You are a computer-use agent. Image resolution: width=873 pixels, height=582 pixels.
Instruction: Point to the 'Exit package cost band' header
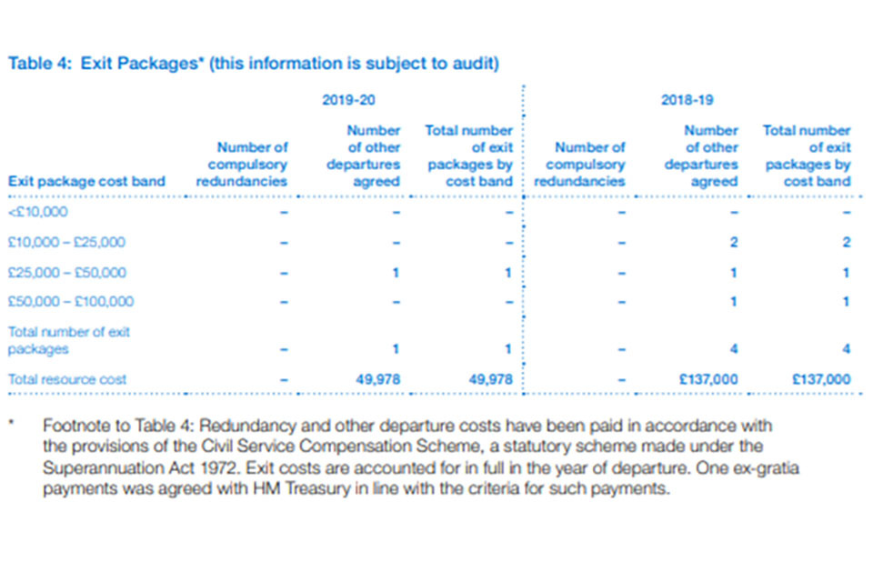point(86,181)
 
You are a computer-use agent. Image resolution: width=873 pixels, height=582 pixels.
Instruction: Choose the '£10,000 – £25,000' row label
point(67,243)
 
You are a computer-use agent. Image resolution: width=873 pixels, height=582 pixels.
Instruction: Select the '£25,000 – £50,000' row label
point(67,272)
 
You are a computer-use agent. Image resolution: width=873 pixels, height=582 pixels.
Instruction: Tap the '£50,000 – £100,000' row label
point(71,302)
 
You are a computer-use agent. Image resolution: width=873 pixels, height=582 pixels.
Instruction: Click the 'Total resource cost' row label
point(67,378)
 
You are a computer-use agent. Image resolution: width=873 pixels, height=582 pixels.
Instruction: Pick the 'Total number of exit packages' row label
point(69,340)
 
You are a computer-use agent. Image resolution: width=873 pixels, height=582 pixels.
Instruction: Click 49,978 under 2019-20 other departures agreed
point(378,378)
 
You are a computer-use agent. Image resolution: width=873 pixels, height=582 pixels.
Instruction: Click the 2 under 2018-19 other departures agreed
point(733,243)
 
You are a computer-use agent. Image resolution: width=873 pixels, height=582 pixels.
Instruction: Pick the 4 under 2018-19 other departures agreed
point(733,348)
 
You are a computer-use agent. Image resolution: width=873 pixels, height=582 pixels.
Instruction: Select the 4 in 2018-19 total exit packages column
point(846,348)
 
